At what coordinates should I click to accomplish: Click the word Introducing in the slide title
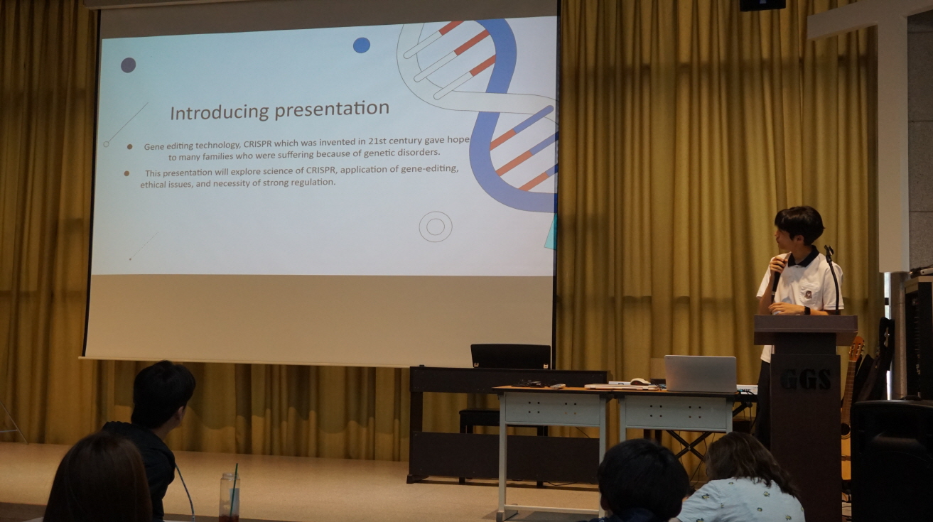click(x=220, y=112)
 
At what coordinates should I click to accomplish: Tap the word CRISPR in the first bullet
click(x=257, y=144)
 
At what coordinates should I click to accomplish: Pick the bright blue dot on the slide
click(x=362, y=45)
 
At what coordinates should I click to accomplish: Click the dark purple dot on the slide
click(x=129, y=65)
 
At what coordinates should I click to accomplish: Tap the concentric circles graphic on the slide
click(x=436, y=227)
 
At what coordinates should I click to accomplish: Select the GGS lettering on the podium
click(x=805, y=379)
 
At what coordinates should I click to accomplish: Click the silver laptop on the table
click(x=700, y=374)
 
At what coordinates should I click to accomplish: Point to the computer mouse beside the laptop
click(x=640, y=381)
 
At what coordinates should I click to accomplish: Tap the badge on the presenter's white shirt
click(x=809, y=295)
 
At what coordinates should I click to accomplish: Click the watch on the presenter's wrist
click(x=807, y=310)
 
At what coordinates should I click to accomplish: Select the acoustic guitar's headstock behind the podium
click(x=858, y=348)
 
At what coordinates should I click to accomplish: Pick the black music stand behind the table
click(x=511, y=357)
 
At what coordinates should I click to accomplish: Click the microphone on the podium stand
click(x=829, y=251)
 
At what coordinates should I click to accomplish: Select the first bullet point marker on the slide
click(x=129, y=146)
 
